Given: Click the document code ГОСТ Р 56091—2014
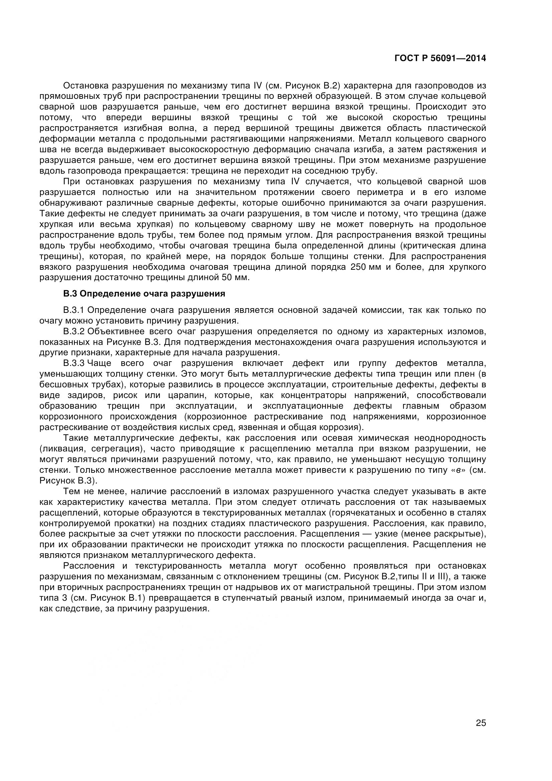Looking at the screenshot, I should click(440, 58).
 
